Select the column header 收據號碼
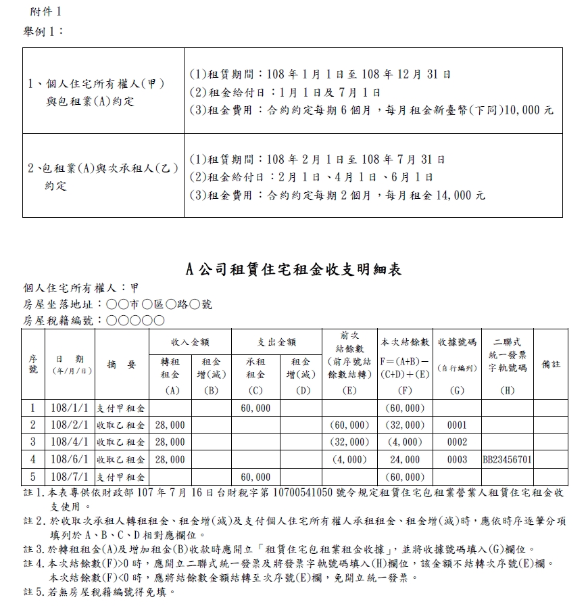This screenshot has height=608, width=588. (x=457, y=342)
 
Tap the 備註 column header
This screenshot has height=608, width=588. (x=551, y=365)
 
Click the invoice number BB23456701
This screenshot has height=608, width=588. (x=507, y=460)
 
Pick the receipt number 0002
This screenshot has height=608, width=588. (x=457, y=442)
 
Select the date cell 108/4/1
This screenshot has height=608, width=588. (x=69, y=442)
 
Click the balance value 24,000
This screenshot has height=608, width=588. (x=405, y=460)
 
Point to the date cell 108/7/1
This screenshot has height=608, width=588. (x=69, y=477)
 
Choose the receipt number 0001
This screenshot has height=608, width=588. (x=457, y=425)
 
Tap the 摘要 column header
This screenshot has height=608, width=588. (x=122, y=365)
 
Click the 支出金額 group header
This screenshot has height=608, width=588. (x=276, y=342)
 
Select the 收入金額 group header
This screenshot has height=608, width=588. (x=191, y=342)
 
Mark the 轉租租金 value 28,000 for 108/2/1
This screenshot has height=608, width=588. (x=170, y=425)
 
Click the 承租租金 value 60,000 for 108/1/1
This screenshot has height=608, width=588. (x=255, y=408)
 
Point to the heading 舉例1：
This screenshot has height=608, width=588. (x=44, y=32)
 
